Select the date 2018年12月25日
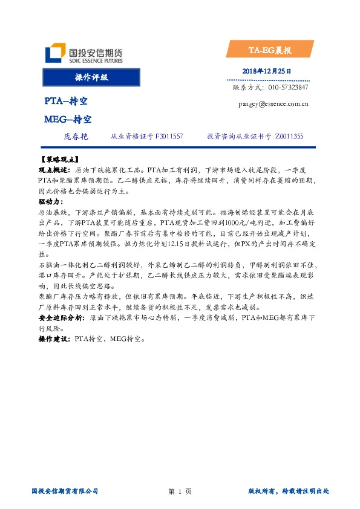point(266,71)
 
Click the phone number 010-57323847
point(287,88)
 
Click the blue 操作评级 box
point(91,78)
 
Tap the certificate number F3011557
point(169,138)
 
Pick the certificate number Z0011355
point(289,138)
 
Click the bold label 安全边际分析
point(61,317)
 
